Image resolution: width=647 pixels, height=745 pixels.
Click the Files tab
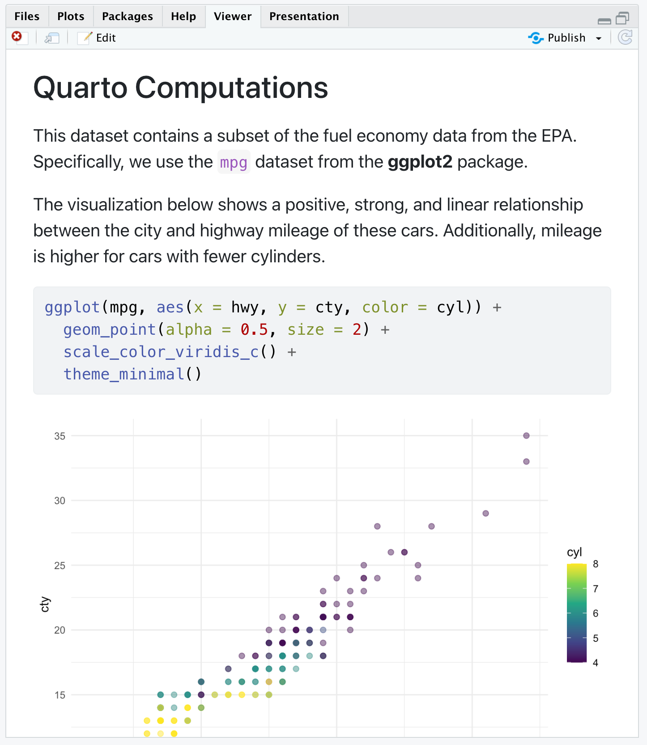tap(27, 17)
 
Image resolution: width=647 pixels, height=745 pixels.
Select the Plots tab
tap(71, 17)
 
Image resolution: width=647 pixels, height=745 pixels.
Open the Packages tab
tap(127, 17)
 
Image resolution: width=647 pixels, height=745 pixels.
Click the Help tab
tap(183, 17)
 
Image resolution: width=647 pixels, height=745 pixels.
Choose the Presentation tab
tap(304, 17)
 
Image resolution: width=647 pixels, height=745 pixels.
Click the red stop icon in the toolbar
tap(17, 37)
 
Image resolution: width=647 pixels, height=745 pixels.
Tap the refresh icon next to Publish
tap(625, 38)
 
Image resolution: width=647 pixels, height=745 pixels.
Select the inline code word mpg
tap(234, 162)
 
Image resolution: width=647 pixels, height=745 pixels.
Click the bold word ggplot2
tap(420, 162)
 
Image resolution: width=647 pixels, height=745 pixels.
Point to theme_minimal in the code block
tap(123, 374)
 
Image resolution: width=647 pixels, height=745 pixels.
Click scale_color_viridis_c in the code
tap(161, 352)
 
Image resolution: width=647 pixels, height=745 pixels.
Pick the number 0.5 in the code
tap(254, 330)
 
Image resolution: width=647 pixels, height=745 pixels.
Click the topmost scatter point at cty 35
tap(526, 436)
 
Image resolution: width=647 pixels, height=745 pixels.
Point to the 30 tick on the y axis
tap(60, 501)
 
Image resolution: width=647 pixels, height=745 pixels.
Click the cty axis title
tap(45, 604)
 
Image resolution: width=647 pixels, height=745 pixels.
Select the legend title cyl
tap(575, 552)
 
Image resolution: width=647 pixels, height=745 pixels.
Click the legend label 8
tap(596, 564)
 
